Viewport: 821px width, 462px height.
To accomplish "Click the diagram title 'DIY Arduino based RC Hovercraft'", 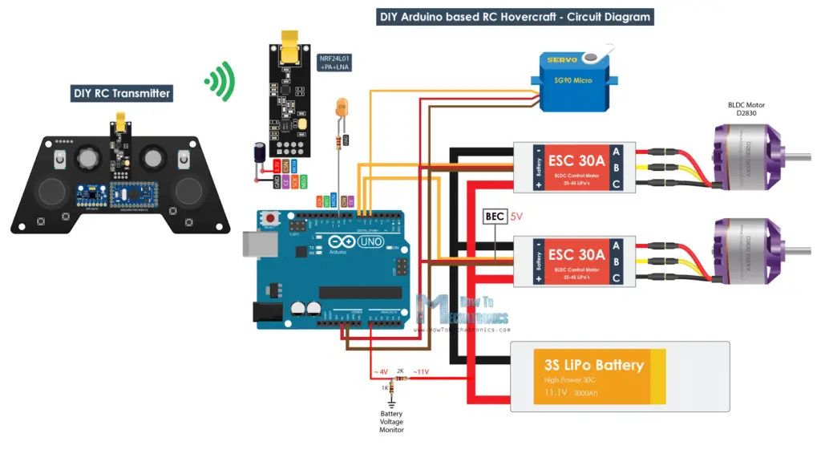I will click(x=514, y=17).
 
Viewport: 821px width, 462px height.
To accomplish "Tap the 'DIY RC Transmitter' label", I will click(x=122, y=93).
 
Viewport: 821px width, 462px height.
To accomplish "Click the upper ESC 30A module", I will click(x=574, y=167).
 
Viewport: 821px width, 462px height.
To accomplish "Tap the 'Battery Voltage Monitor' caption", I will click(x=392, y=422).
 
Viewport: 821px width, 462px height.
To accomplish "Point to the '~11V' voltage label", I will click(x=420, y=371).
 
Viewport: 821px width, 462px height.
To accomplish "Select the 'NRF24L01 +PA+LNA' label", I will click(x=335, y=64).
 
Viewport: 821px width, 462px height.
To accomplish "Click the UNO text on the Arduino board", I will click(x=371, y=241).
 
